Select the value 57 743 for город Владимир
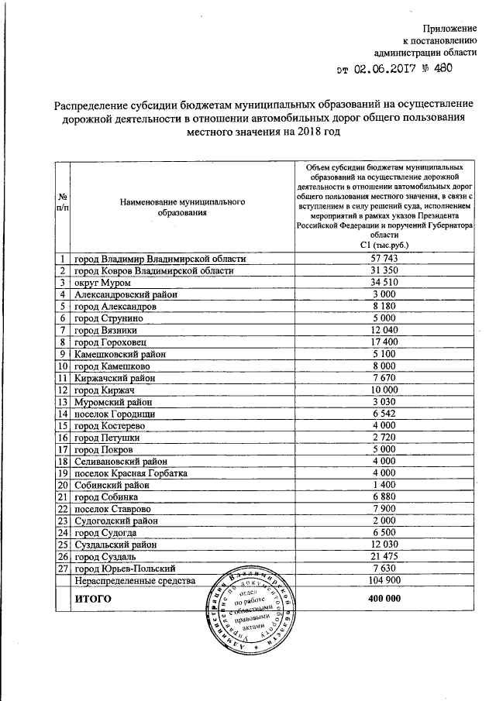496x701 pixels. [385, 258]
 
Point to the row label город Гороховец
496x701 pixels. [116, 342]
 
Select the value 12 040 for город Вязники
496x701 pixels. [385, 330]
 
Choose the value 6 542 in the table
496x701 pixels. [385, 414]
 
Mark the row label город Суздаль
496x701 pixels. [110, 557]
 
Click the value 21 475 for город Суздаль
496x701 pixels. [385, 557]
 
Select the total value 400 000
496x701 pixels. [385, 600]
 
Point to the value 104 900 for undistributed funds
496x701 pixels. [385, 581]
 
